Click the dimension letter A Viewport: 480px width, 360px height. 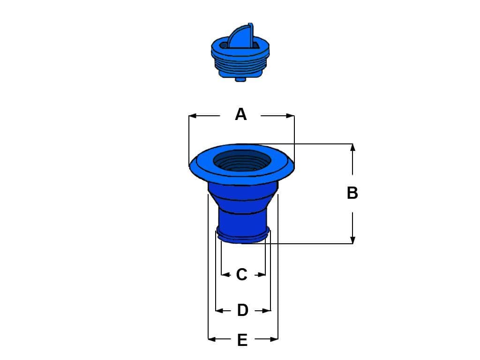tap(240, 114)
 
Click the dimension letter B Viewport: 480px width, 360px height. tap(352, 193)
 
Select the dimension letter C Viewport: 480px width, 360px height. tap(241, 275)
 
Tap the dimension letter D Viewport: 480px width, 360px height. tap(242, 310)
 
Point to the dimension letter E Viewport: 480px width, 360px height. tap(242, 340)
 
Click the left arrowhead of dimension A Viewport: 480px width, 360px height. tap(193, 116)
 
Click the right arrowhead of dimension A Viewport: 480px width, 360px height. tap(291, 116)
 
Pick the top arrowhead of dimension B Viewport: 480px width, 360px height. tap(352, 148)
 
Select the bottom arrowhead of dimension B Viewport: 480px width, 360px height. tap(352, 240)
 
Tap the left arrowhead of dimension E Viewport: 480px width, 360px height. tap(212, 339)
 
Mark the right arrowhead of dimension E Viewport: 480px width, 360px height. tap(274, 339)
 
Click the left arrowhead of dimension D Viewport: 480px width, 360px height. tap(219, 311)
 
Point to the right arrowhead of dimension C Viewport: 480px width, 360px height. tap(262, 275)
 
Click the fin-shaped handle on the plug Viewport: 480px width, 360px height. tap(242, 36)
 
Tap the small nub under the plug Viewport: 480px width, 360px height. tap(241, 79)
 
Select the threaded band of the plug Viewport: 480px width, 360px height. tap(240, 64)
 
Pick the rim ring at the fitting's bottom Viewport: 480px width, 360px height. tap(243, 235)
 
